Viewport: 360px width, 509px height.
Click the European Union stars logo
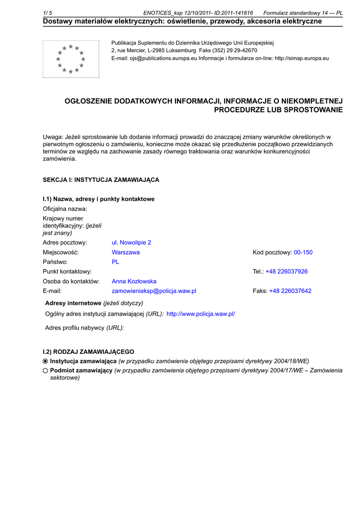[x=71, y=59]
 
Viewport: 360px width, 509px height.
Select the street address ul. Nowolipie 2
[x=131, y=243]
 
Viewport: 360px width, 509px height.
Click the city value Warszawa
[x=125, y=252]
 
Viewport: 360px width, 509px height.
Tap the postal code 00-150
[x=303, y=252]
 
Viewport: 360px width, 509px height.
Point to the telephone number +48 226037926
[x=286, y=271]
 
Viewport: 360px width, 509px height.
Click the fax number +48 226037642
[x=290, y=291]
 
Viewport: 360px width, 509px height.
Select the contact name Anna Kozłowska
[x=134, y=281]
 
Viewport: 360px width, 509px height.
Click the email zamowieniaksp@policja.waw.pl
[x=154, y=291]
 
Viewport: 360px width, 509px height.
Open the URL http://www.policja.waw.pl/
[x=200, y=314]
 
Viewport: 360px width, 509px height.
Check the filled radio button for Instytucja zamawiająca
[x=45, y=361]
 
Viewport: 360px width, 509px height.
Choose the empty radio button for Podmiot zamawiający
[x=45, y=370]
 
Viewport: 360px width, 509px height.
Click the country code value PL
[x=115, y=262]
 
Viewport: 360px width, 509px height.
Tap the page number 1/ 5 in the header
[x=48, y=13]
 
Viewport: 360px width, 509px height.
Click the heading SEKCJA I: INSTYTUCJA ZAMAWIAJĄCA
[x=101, y=179]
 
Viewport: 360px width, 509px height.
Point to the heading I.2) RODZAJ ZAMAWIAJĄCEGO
[x=89, y=351]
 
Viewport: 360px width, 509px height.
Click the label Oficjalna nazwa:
[x=65, y=209]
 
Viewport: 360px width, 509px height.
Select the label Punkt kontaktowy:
[x=67, y=271]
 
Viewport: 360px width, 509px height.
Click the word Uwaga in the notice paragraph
[x=53, y=137]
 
